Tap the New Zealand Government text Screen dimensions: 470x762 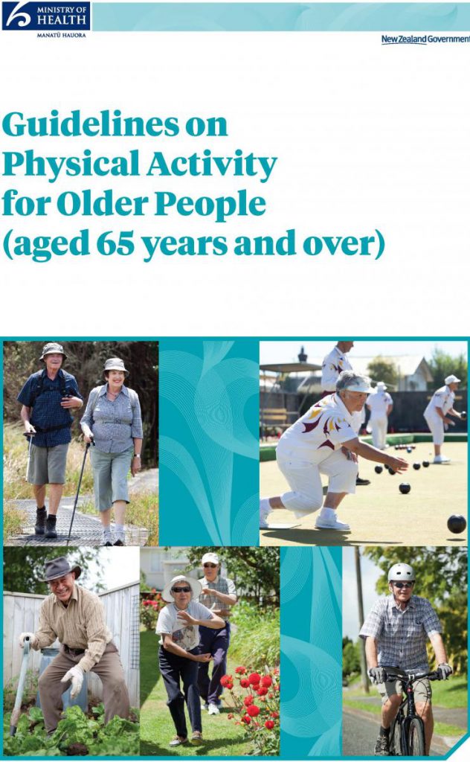[x=425, y=39]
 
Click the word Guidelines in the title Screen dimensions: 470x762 [x=91, y=124]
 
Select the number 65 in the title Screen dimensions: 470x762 [x=115, y=243]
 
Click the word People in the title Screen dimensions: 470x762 [x=210, y=205]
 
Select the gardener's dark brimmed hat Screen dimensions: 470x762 [x=59, y=569]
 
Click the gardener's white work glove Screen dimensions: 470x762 [x=72, y=680]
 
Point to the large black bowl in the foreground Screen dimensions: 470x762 [x=457, y=524]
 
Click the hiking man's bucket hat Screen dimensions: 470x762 [x=53, y=350]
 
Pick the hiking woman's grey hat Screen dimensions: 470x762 [x=115, y=365]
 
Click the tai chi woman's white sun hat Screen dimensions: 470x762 [x=181, y=585]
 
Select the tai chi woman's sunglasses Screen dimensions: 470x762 [x=181, y=589]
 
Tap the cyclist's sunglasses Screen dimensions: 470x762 [x=402, y=585]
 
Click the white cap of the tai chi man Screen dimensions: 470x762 [x=210, y=558]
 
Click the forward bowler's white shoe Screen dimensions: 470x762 [x=332, y=523]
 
